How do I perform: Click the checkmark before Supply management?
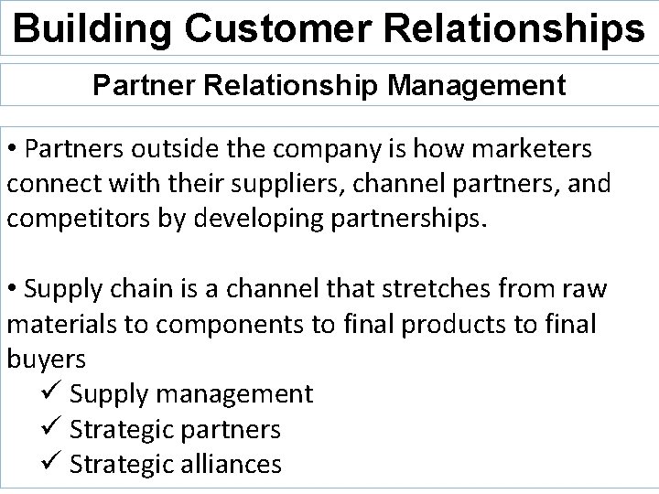(x=50, y=394)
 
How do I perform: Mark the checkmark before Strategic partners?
(x=50, y=429)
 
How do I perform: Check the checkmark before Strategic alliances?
(x=50, y=464)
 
